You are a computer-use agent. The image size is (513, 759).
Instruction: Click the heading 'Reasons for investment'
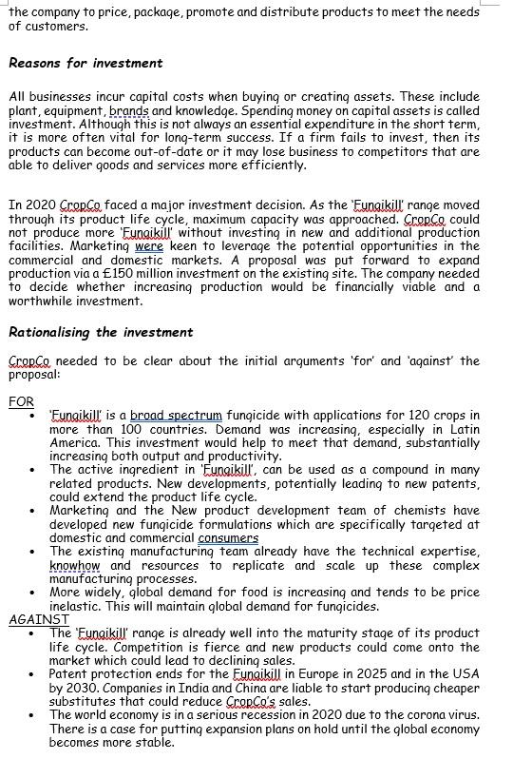tap(85, 63)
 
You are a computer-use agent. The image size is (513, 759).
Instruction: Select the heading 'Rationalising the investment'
tap(101, 332)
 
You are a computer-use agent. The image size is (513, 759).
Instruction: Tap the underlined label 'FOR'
tap(21, 401)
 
